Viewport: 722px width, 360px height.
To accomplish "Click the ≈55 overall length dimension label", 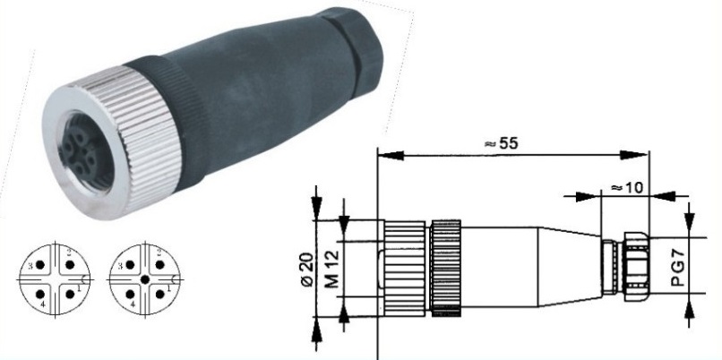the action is [501, 143].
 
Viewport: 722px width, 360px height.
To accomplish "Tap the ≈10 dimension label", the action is [627, 187].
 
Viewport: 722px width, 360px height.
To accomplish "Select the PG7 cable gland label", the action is [678, 267].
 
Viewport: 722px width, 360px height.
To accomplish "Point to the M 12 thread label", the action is [332, 269].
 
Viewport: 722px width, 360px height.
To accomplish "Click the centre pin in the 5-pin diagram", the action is [145, 279].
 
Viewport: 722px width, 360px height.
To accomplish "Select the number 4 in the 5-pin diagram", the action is [133, 304].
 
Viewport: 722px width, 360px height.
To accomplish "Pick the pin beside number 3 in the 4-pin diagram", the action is [40, 265].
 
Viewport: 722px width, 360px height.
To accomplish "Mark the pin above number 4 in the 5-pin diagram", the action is [130, 294].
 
